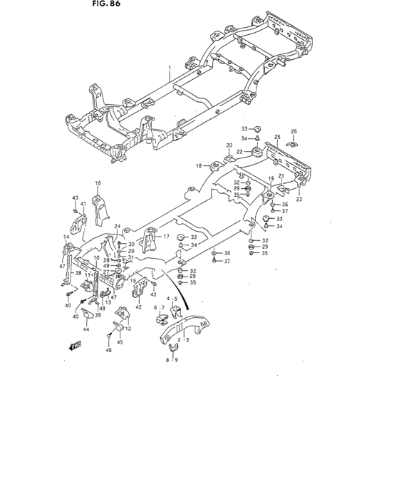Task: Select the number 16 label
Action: pos(98,183)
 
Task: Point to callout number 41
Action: pos(83,204)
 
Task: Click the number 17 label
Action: pos(166,237)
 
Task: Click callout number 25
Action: pos(277,136)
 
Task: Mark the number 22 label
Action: pos(240,151)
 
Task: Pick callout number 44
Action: pos(85,329)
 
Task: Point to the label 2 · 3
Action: pos(185,341)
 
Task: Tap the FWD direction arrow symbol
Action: pos(73,347)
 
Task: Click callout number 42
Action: pos(138,307)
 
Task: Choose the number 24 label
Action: pos(118,227)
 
